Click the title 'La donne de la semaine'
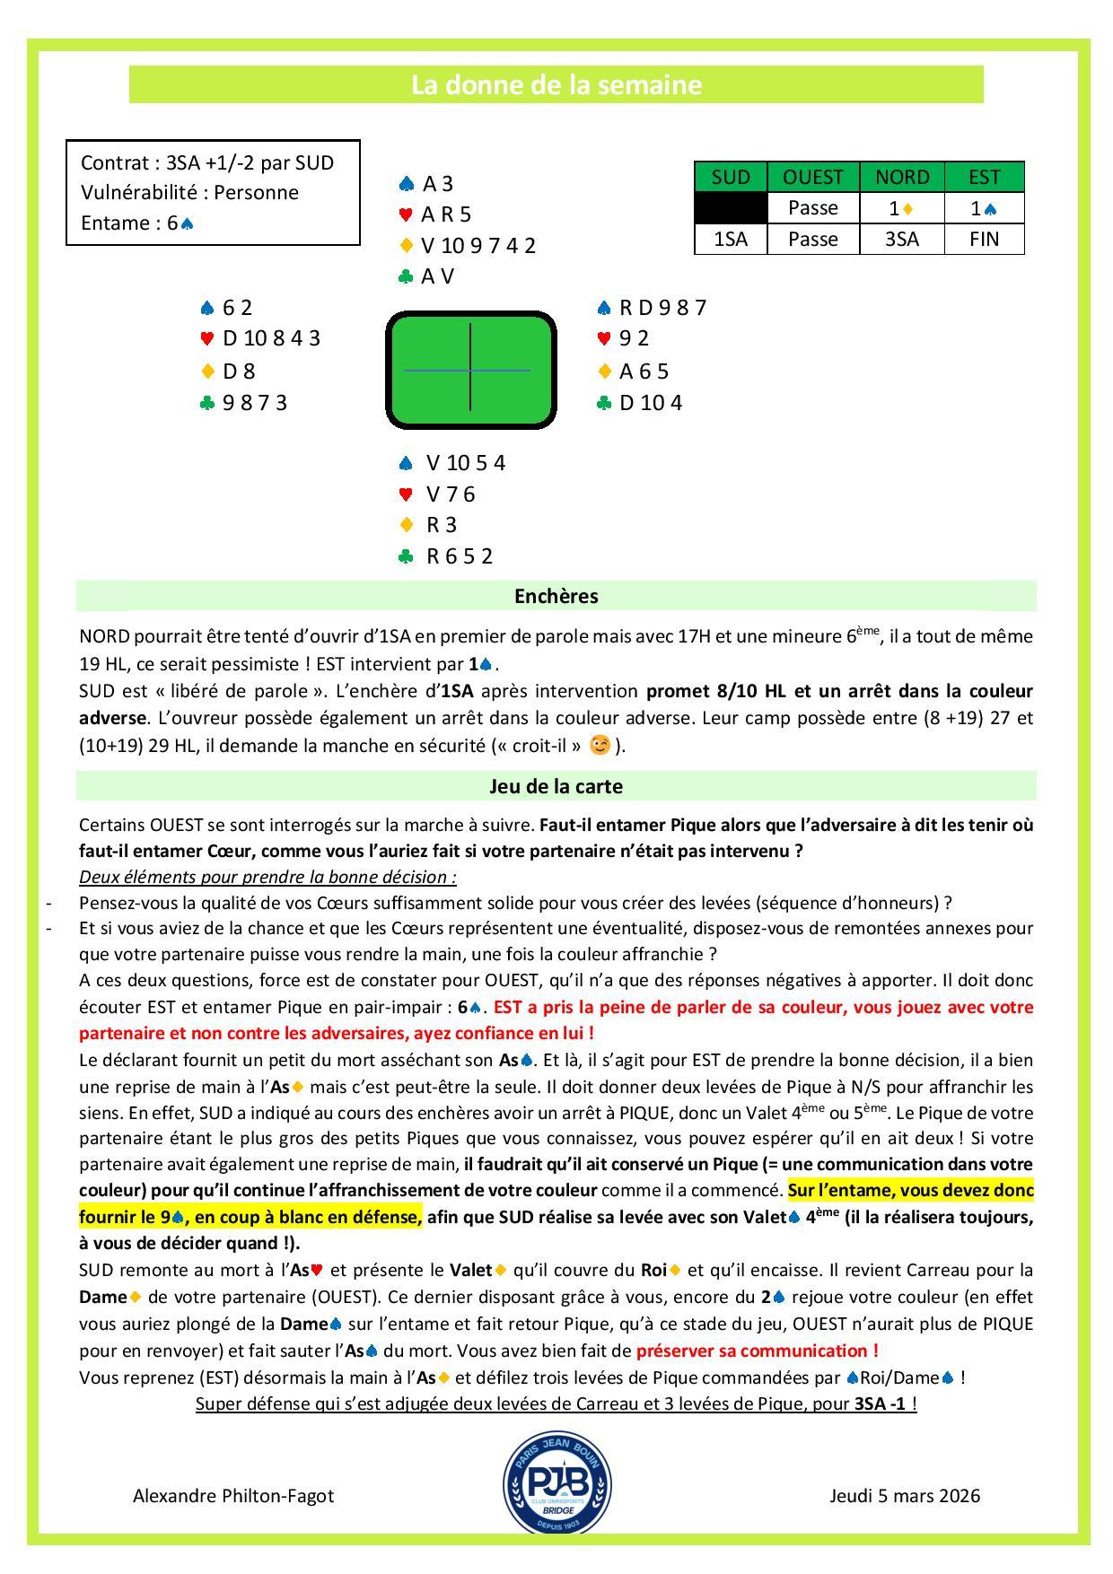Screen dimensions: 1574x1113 tap(556, 85)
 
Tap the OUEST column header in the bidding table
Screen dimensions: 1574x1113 tap(813, 177)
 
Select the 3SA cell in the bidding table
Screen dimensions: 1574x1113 tap(901, 240)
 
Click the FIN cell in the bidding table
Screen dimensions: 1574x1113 tap(984, 240)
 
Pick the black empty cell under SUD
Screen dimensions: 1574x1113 tap(731, 208)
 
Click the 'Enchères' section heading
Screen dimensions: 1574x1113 tap(556, 597)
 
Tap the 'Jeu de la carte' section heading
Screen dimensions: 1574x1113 tap(556, 787)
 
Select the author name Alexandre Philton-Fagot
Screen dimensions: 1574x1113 tap(233, 1496)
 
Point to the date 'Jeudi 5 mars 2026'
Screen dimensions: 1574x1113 tap(905, 1496)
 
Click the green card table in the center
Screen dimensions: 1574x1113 tap(470, 370)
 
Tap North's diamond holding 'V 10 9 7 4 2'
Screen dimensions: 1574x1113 tap(478, 245)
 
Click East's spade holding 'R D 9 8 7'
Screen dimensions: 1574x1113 tap(662, 308)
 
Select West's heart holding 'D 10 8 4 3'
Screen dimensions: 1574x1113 tap(271, 338)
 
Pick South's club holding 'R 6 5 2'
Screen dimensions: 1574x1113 tap(460, 556)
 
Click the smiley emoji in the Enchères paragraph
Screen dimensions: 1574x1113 tap(600, 745)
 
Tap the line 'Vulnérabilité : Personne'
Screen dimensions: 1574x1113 tap(189, 192)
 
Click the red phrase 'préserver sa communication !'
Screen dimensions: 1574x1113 tap(758, 1351)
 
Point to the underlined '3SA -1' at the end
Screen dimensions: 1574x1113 tap(881, 1403)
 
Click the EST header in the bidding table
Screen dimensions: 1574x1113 tap(984, 177)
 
